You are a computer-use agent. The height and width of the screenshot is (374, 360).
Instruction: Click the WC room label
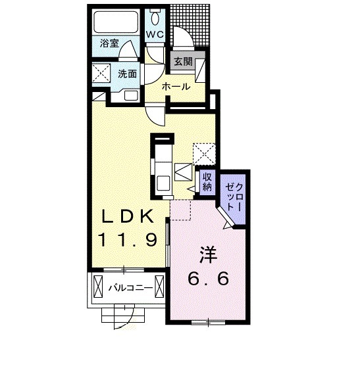pos(155,35)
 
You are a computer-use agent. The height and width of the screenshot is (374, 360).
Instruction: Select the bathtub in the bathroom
pos(116,22)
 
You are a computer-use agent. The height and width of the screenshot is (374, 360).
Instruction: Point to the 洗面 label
pos(127,74)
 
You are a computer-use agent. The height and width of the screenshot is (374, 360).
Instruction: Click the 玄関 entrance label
pos(183,62)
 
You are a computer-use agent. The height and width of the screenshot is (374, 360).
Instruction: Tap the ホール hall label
pos(176,87)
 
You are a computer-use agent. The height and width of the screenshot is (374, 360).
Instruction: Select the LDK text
pos(128,216)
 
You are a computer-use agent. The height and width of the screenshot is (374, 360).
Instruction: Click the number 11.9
pos(128,240)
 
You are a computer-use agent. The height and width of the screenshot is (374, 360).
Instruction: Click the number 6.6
pos(209,278)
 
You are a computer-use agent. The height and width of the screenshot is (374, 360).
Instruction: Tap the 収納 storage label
pos(207,182)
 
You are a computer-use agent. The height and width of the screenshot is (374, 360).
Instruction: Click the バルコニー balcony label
pos(131,288)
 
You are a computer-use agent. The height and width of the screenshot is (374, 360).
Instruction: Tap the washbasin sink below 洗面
pos(131,95)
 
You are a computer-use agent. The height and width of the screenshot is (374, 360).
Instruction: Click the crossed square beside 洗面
pos(101,72)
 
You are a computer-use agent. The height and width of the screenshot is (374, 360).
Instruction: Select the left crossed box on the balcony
pos(98,287)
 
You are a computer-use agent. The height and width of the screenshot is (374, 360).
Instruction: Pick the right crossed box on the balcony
pos(159,287)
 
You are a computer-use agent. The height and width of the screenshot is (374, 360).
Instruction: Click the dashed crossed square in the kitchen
pos(204,154)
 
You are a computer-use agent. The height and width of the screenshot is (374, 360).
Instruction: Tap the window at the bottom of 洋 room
pos(209,323)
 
